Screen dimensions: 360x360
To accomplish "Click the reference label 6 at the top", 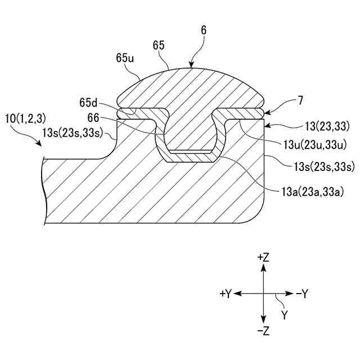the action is pyautogui.click(x=203, y=31).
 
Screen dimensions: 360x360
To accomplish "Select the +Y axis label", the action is pyautogui.click(x=226, y=294).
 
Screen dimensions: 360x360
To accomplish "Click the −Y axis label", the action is pyautogui.click(x=302, y=294).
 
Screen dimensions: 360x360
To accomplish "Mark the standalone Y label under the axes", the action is pyautogui.click(x=285, y=316).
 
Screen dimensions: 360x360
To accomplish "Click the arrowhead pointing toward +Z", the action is pyautogui.click(x=263, y=268).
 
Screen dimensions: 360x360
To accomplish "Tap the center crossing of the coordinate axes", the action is pyautogui.click(x=263, y=294).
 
